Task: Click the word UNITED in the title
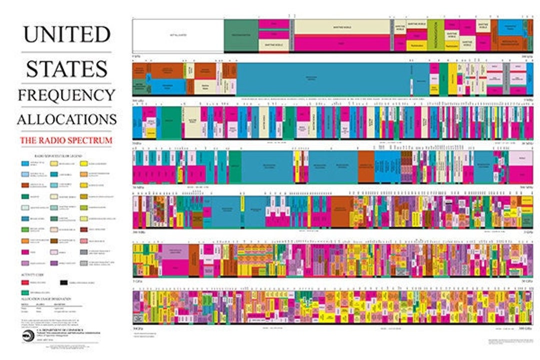point(66,34)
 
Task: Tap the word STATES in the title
point(66,68)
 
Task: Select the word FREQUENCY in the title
point(66,95)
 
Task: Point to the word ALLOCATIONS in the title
point(66,119)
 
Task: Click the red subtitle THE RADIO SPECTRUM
point(66,140)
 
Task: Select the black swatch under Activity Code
point(64,283)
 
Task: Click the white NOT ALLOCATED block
point(178,35)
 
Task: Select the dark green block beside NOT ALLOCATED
point(241,35)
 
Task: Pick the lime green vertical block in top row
point(435,35)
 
